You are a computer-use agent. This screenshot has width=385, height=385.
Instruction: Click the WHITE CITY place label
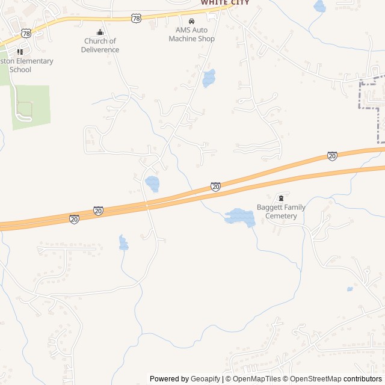224,2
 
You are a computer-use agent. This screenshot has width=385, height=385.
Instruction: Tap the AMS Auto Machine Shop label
195,34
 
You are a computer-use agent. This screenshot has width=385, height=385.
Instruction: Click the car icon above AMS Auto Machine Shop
192,22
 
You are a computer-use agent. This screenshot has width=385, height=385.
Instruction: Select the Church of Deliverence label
100,45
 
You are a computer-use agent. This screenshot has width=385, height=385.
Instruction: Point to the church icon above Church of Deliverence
100,32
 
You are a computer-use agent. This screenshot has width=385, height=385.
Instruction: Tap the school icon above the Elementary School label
20,52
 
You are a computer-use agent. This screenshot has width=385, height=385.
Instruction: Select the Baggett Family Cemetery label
282,212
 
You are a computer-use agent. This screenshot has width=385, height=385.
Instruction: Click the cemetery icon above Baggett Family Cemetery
280,198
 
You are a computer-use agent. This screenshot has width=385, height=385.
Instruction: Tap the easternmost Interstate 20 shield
332,156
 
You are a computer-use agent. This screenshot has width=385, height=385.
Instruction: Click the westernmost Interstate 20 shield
74,219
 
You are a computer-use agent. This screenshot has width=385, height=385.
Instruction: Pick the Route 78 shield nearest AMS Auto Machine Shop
137,19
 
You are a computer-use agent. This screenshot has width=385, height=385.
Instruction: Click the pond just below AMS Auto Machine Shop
209,78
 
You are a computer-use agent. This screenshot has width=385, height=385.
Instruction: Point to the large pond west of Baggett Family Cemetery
239,217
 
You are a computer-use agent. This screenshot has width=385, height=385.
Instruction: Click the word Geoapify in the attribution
206,379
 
